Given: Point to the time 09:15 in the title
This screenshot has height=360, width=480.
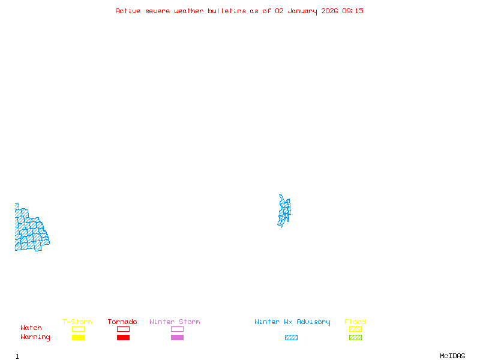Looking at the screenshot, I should (x=353, y=11).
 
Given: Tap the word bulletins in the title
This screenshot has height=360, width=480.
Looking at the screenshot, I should (x=227, y=11).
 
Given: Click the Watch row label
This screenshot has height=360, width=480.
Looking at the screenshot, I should (x=31, y=328).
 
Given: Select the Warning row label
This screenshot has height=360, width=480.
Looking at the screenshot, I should (x=35, y=337).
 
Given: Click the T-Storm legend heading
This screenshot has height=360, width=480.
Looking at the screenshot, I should (x=77, y=322).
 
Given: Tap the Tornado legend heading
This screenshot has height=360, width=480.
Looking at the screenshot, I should (x=122, y=322).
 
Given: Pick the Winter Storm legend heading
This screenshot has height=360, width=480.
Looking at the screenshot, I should (x=175, y=322).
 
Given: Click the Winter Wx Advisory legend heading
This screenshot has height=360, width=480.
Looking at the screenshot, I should (x=292, y=322).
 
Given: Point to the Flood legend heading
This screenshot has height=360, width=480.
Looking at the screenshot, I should (x=355, y=322).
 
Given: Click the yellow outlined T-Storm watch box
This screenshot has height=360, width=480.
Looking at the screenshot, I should (x=78, y=329).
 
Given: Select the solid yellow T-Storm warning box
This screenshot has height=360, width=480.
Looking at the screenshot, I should (x=78, y=337).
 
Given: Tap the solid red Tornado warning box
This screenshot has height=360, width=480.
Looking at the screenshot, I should (x=123, y=337).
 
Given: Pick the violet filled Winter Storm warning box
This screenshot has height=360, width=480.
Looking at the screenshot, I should (x=177, y=337).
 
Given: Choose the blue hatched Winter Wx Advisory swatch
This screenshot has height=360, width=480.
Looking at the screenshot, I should (x=291, y=337).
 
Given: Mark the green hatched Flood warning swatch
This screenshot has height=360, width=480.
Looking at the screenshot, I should (x=355, y=337).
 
